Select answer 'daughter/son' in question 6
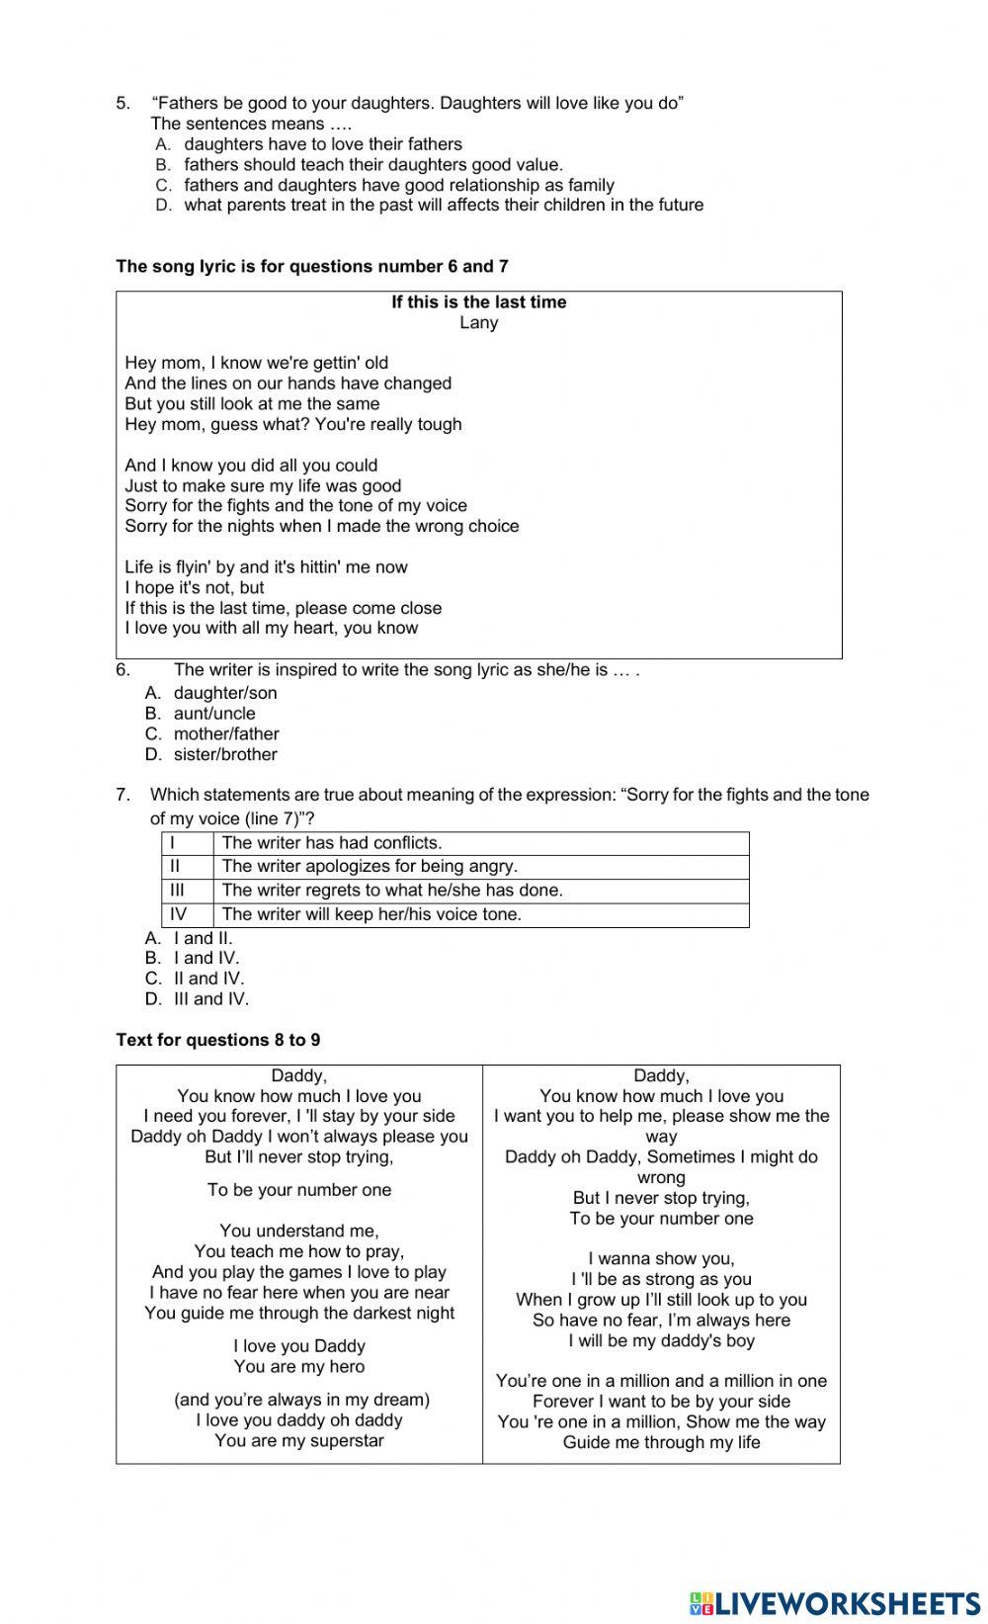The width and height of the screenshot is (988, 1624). (225, 693)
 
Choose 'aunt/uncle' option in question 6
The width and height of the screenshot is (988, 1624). (214, 714)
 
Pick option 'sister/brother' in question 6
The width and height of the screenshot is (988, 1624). (225, 754)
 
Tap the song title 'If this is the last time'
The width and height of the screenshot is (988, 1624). (478, 302)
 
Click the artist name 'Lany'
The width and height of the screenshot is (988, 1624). (478, 323)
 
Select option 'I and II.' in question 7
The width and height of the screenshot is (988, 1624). (203, 938)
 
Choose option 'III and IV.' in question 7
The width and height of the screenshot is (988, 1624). (211, 999)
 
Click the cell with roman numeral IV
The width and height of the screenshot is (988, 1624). (179, 914)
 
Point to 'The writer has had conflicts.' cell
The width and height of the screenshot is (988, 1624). (332, 843)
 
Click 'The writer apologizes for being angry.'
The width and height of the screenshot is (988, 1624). (370, 867)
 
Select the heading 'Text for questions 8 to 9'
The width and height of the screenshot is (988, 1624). (218, 1040)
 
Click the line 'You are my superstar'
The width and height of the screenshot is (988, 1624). (299, 1440)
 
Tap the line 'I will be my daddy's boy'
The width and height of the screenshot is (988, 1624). (661, 1340)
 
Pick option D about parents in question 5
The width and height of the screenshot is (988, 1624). (444, 206)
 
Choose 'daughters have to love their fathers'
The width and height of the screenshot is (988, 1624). (323, 144)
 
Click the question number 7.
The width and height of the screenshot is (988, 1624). (123, 795)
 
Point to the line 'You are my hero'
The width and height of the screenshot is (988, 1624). (299, 1367)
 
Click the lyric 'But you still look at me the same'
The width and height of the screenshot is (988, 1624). (252, 404)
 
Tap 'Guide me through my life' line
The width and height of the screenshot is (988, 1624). (661, 1442)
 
